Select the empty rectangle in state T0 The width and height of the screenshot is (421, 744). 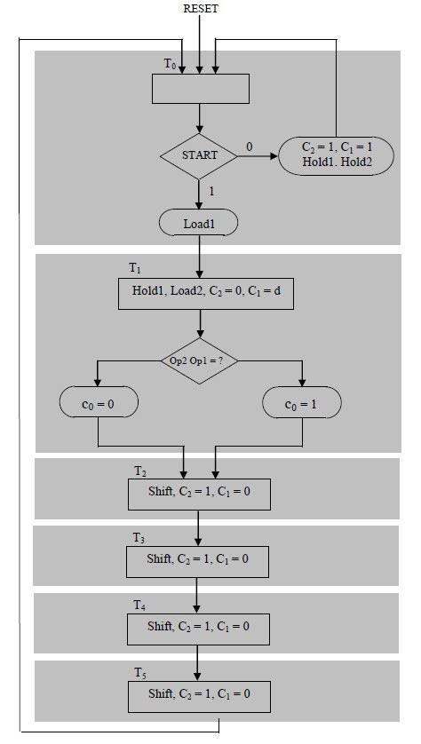click(200, 89)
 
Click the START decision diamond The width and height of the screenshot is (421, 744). click(200, 156)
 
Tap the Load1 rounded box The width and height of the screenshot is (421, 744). click(200, 223)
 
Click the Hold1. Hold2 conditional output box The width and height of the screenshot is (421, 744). click(337, 156)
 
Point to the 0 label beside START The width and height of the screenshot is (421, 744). click(249, 146)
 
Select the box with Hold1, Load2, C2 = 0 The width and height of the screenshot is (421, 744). click(200, 294)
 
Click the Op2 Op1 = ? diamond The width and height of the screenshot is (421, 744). click(200, 360)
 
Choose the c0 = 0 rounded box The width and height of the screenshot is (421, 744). click(98, 403)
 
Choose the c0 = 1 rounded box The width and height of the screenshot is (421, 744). click(303, 403)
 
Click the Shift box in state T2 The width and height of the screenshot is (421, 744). click(200, 493)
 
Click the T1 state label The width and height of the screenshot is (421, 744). click(135, 268)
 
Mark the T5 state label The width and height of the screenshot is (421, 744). click(139, 671)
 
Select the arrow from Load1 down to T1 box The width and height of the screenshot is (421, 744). click(200, 257)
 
